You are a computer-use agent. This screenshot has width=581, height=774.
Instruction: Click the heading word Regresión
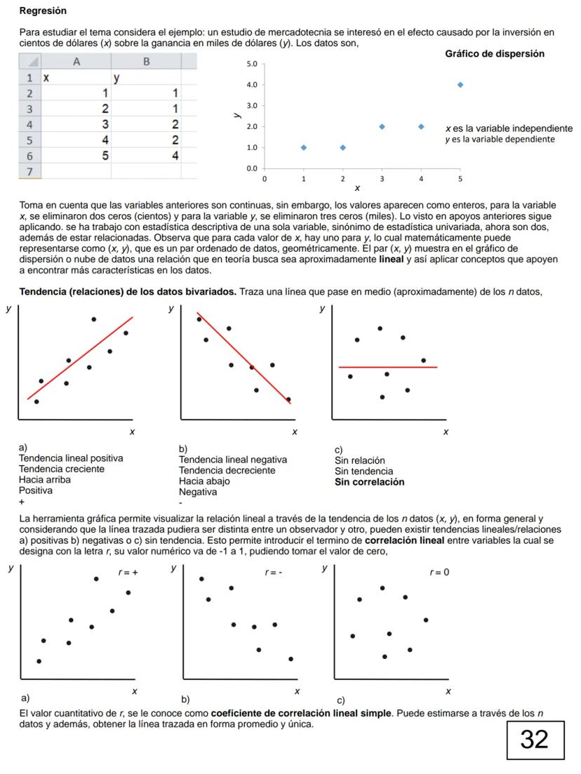tap(43, 11)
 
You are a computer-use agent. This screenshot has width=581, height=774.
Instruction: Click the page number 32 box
tap(535, 738)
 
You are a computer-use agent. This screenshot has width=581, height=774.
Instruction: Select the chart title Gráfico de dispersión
tap(495, 54)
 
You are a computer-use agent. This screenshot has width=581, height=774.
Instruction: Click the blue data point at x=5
tap(460, 84)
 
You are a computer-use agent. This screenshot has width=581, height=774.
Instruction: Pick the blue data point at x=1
tap(303, 147)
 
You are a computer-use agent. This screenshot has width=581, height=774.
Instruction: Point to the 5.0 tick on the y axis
tap(252, 64)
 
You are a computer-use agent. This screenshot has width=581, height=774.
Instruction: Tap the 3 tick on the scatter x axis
tap(382, 179)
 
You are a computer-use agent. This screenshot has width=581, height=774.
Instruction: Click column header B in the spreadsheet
tap(147, 62)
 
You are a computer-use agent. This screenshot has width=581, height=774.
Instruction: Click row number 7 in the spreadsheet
tap(30, 171)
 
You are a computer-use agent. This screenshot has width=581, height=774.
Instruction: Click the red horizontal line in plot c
tap(387, 367)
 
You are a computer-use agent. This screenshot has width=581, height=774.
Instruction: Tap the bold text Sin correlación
tap(369, 482)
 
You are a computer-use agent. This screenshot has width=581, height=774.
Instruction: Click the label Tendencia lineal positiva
tap(71, 458)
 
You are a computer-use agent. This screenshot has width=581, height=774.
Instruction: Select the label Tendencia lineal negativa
tap(233, 460)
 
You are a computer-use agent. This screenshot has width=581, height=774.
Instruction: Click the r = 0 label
tap(439, 572)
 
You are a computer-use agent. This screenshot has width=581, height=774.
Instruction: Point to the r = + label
tap(128, 573)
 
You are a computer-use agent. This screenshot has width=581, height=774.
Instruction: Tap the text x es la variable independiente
tap(509, 128)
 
